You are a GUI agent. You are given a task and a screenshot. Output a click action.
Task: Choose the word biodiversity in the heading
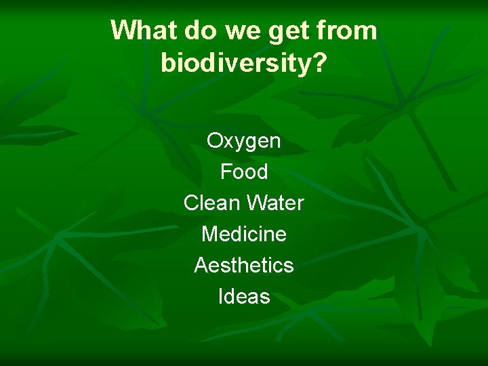[237, 63]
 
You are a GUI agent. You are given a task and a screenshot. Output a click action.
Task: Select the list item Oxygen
[244, 142]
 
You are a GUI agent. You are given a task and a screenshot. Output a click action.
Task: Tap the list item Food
[244, 172]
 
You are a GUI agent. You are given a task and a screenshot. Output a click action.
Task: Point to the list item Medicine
[244, 234]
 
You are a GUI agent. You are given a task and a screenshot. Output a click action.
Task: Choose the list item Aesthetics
[244, 265]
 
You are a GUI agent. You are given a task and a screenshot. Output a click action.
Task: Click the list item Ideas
[244, 296]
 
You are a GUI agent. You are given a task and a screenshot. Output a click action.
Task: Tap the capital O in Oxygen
[215, 141]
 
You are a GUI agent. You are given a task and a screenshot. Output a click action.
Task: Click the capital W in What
[123, 30]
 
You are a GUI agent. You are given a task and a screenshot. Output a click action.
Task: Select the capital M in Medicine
[209, 234]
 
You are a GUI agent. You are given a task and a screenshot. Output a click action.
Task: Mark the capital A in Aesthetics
[201, 265]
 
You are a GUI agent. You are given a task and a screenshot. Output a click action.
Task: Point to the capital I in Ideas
[221, 296]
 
